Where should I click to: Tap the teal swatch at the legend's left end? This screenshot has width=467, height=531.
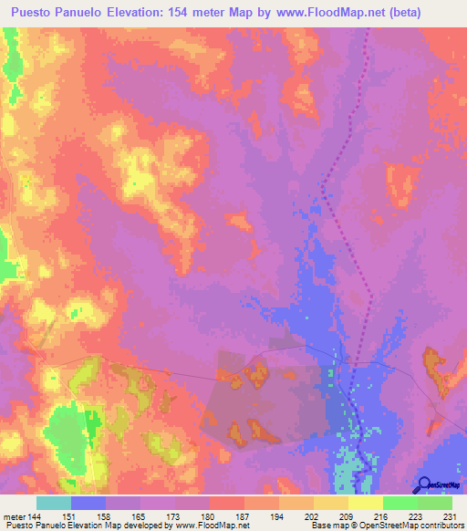point(54,503)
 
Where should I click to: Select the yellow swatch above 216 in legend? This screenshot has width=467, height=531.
point(366,503)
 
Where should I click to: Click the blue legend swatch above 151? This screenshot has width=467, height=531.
point(88,503)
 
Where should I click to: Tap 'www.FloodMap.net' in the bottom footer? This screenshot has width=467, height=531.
point(212,526)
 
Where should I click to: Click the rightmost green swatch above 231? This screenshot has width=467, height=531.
point(434,503)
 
